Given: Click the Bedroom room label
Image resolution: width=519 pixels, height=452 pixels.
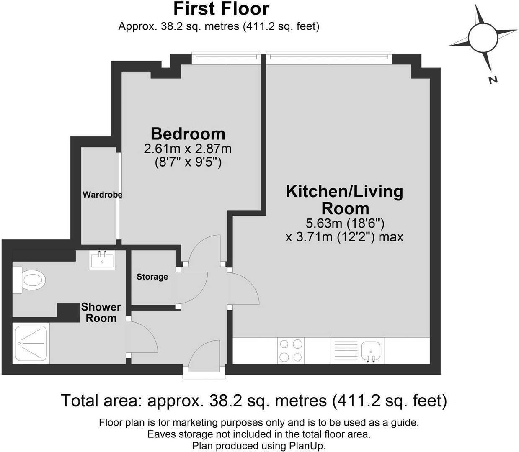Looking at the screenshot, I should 188,134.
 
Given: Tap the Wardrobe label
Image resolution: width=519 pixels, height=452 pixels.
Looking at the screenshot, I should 102,195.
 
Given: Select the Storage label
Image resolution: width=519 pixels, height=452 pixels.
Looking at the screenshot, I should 152,277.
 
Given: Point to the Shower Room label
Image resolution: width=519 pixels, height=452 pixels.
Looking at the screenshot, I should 101,313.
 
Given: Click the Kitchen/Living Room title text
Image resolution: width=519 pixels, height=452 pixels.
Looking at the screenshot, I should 344,200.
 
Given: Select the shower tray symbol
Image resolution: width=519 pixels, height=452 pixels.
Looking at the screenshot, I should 31,343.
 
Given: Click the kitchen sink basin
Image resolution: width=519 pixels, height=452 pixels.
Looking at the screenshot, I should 371,350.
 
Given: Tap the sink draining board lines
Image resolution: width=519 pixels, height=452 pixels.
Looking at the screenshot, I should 345,350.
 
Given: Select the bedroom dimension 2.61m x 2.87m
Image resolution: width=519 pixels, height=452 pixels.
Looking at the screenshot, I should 188,149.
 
